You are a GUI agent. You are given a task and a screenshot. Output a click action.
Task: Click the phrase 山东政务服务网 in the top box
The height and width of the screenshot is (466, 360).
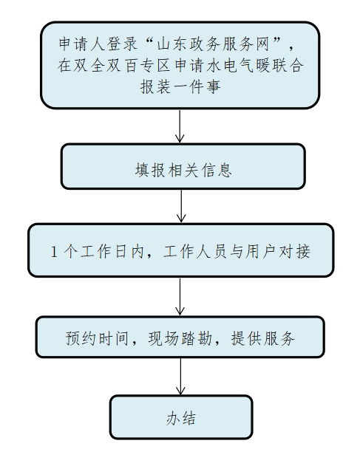[213, 44]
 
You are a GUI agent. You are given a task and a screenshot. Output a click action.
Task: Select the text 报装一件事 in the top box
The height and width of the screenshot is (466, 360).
[180, 86]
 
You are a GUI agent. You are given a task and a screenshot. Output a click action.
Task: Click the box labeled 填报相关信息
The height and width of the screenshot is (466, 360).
[183, 166]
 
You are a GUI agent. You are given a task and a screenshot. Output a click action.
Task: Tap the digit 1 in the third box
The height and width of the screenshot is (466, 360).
[54, 251]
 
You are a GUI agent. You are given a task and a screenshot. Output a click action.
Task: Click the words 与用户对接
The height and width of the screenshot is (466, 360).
[270, 251]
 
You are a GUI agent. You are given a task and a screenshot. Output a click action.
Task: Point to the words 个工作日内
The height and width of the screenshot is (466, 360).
[103, 251]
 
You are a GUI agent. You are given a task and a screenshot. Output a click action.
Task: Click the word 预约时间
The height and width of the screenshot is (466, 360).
[97, 338]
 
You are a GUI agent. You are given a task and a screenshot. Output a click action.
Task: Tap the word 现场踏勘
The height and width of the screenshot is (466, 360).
[180, 338]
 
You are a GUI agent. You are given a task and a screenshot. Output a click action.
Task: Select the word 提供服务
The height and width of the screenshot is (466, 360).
[262, 338]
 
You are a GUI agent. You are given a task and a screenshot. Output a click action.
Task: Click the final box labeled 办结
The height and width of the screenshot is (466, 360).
[181, 417]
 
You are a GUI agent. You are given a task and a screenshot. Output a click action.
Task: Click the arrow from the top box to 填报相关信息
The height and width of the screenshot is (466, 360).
[180, 126]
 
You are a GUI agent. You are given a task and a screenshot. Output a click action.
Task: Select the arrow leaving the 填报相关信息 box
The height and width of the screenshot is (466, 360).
[181, 206]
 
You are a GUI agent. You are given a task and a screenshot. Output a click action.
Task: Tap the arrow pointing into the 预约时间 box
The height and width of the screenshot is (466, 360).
[180, 296]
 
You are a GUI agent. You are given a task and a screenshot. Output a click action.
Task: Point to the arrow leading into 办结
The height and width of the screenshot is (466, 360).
[180, 376]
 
